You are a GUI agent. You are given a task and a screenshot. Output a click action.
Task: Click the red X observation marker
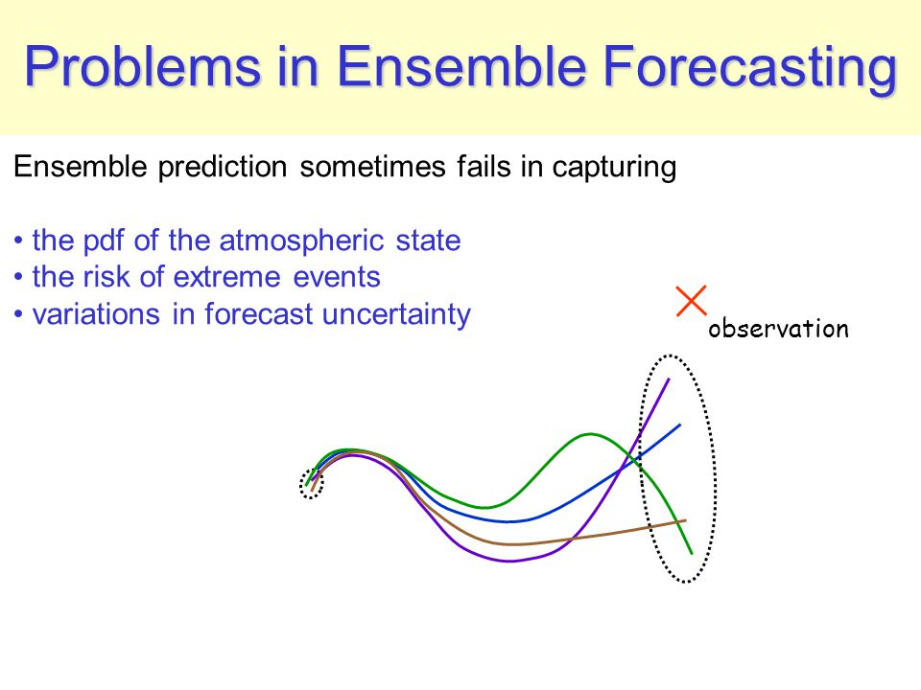pos(691,301)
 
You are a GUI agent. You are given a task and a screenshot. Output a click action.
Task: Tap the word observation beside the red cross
pos(778,328)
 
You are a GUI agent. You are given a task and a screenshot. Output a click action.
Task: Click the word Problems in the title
pos(142,67)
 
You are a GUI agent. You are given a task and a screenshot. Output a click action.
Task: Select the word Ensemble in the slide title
pos(461,66)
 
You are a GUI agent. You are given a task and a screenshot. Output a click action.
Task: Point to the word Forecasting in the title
pos(750,69)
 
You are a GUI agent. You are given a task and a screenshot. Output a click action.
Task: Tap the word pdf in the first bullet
pos(104,241)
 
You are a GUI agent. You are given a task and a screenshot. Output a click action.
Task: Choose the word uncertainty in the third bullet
pos(396,314)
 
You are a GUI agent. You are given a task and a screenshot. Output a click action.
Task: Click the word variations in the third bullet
pos(96,314)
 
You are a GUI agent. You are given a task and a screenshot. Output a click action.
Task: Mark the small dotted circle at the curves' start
pos(311,485)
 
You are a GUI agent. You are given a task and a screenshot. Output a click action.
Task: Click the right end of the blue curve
pos(680,425)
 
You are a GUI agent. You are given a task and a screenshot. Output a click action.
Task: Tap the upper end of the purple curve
pos(669,379)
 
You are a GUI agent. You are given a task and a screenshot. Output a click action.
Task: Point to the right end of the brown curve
pos(685,520)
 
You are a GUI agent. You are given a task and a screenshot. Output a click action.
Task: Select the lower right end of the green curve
pos(692,553)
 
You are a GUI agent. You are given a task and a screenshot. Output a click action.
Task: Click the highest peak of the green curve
pos(590,434)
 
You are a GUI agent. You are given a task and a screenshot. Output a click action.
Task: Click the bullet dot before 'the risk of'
pos(19,277)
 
